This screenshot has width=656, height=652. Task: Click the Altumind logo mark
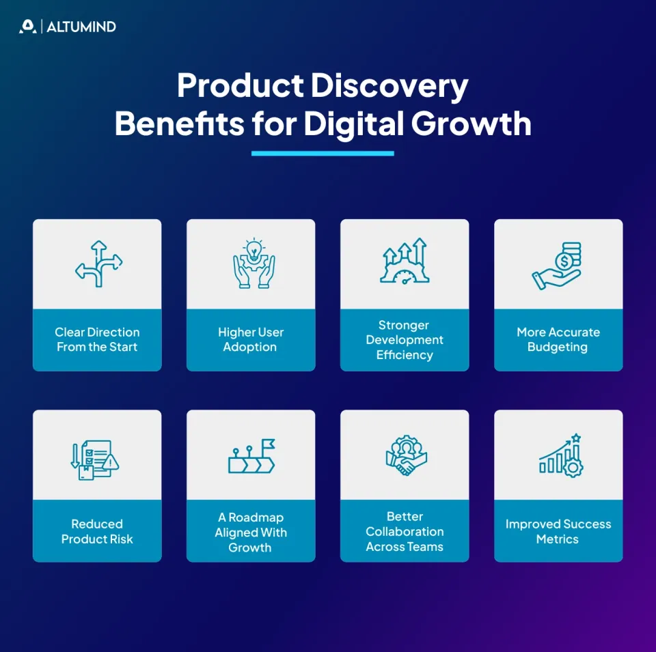pos(27,27)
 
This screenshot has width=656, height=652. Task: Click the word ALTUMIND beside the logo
pos(81,27)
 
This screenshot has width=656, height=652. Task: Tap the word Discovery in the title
pos(389,87)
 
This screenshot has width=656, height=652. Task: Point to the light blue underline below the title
pos(323,153)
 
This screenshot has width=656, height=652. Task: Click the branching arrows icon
pos(98,263)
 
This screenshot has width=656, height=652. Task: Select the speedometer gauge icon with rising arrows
pos(404,262)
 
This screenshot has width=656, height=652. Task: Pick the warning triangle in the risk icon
pos(111,463)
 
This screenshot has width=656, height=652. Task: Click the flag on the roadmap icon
pos(269,444)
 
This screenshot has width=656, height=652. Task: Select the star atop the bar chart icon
pos(576,438)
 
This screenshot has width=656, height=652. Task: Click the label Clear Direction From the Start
pos(97,339)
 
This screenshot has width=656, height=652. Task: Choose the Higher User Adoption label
pos(251,339)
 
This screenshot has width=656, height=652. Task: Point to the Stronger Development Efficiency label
pos(405,339)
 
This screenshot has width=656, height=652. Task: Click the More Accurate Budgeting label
pos(558,339)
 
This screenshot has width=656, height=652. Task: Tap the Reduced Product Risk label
pos(97,531)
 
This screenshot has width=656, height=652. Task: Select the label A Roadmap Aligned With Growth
pos(251,532)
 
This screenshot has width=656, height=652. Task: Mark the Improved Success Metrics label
pos(558,531)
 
